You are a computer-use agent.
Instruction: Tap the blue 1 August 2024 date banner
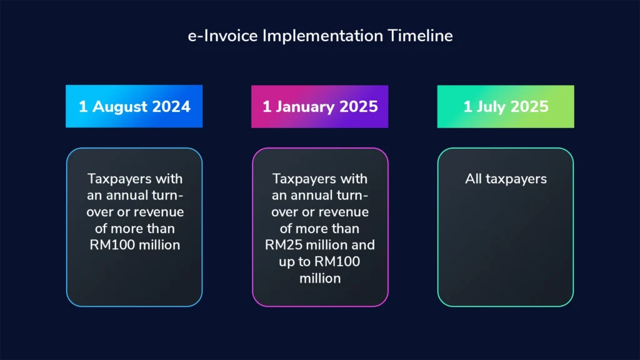pos(134,106)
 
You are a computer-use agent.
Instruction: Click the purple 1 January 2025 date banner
pos(319,106)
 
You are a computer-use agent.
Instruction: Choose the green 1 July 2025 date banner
pos(505,106)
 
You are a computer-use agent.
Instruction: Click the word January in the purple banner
pos(306,106)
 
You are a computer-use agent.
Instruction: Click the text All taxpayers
pos(505,179)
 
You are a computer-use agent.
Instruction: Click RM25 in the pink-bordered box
pos(282,245)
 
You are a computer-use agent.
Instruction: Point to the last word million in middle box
pos(320,278)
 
